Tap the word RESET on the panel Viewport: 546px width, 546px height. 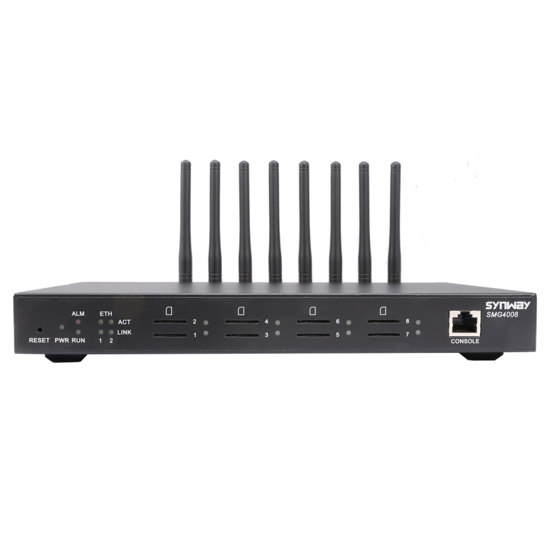pos(39,340)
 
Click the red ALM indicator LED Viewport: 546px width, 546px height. pos(78,321)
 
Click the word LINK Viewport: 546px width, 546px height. pos(124,332)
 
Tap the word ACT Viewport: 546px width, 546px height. pos(124,321)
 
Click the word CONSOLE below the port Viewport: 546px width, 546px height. pos(465,341)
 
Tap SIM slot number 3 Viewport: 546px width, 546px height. pos(242,335)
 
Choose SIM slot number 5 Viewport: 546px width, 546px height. pos(314,335)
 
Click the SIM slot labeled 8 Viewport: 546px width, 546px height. pos(385,322)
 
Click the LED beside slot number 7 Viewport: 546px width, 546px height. pos(418,333)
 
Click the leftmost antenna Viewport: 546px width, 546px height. pos(184,222)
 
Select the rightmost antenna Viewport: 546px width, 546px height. pos(394,222)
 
